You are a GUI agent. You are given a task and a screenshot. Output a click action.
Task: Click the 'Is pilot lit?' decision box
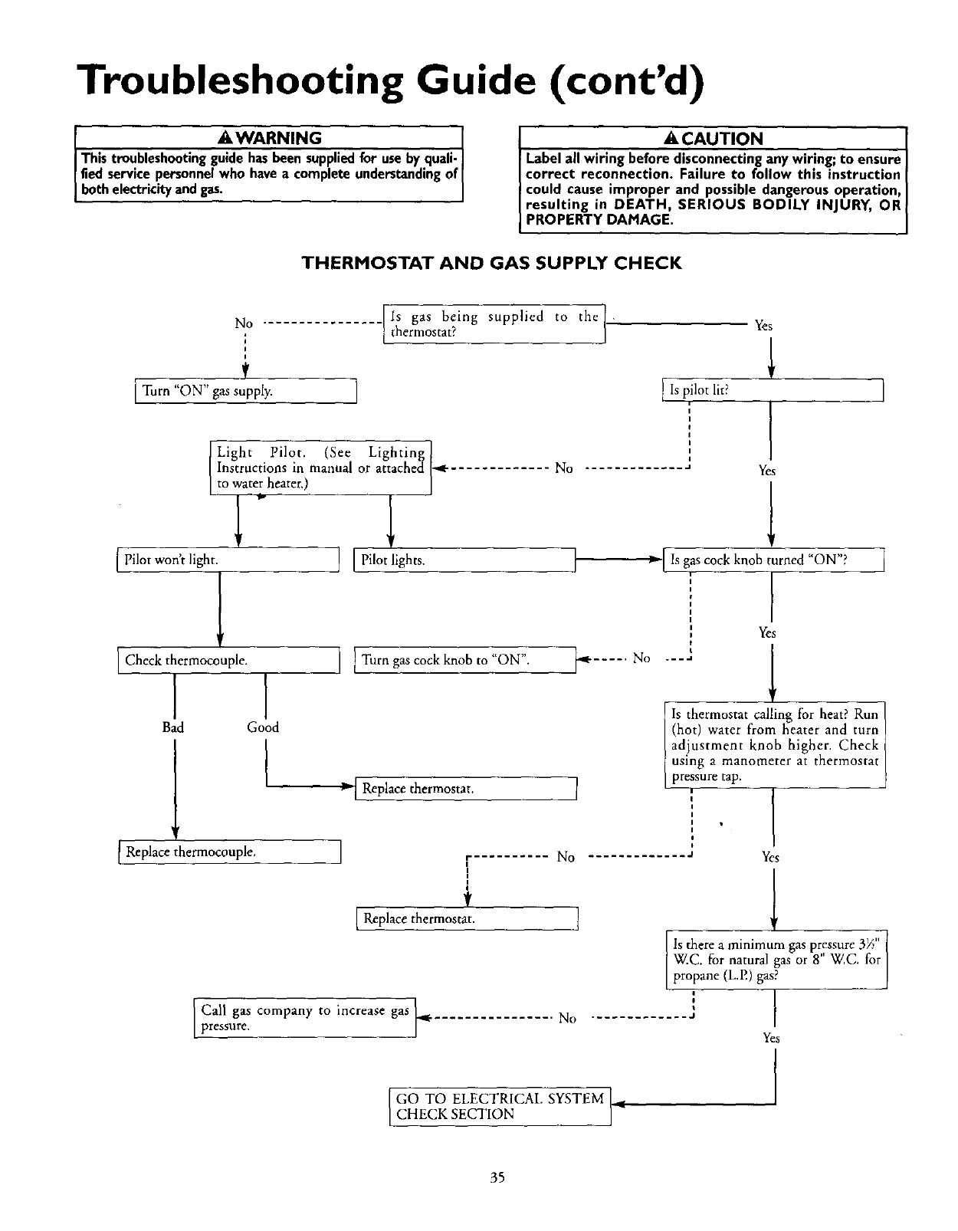tap(773, 390)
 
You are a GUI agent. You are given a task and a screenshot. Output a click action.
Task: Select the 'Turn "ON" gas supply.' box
tap(246, 391)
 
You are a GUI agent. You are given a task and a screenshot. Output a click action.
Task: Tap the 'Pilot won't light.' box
tap(228, 560)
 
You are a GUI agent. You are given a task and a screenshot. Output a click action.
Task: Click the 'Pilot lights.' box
tap(464, 560)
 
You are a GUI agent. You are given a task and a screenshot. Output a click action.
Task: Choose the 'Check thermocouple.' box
tap(228, 660)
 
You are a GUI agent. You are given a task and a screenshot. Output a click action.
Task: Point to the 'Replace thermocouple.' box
tap(229, 852)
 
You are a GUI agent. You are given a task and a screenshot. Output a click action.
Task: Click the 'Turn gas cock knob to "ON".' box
tap(465, 660)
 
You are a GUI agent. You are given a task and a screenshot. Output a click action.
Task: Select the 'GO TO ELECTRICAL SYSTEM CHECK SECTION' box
tap(500, 1106)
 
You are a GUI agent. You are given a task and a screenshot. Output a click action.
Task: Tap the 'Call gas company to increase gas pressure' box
tap(304, 1018)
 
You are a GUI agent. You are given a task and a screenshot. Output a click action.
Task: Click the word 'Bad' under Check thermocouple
tap(173, 727)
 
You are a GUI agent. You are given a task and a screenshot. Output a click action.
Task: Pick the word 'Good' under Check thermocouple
tap(263, 727)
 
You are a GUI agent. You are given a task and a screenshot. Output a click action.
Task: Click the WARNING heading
tap(270, 138)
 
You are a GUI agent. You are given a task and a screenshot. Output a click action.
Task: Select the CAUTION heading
tap(714, 139)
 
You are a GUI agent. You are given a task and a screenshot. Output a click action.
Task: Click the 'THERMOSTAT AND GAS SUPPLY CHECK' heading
tap(491, 264)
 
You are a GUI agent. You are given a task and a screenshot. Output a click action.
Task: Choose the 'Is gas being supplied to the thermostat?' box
tap(494, 324)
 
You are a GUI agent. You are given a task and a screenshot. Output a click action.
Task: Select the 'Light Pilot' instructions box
tap(321, 468)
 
